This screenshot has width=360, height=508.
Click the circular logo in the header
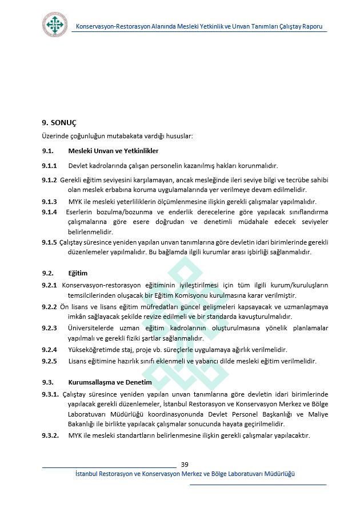tap(55, 24)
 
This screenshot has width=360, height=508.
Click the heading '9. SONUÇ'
tap(59, 123)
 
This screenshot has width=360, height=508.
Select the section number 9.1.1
tap(49, 166)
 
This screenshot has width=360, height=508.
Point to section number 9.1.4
tap(49, 212)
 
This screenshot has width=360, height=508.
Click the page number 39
tap(185, 464)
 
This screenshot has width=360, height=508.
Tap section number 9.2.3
tap(49, 328)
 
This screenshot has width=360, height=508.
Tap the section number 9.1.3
tap(49, 202)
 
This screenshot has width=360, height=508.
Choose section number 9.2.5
tap(49, 361)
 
